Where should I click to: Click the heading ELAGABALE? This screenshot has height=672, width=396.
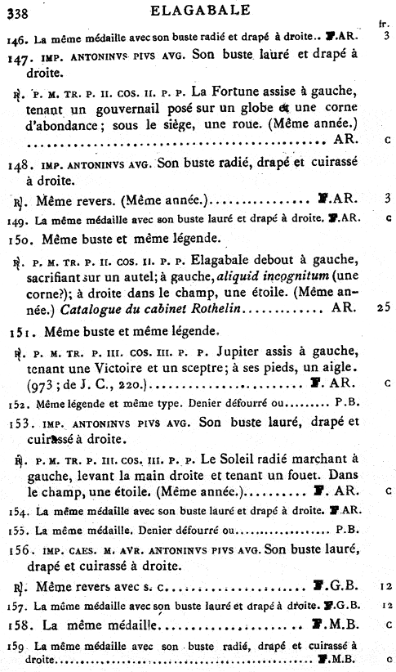[196, 10]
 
